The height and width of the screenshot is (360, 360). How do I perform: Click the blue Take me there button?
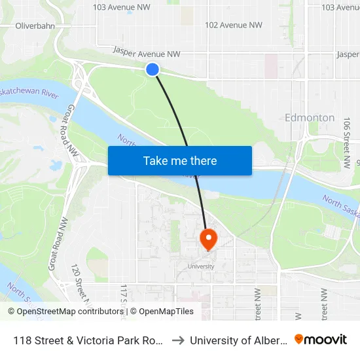tap(180, 160)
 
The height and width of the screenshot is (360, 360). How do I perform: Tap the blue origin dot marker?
tap(153, 69)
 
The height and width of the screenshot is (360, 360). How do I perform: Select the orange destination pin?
tap(207, 239)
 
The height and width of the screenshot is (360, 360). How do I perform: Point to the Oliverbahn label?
tap(34, 26)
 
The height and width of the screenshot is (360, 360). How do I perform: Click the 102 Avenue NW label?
tap(234, 25)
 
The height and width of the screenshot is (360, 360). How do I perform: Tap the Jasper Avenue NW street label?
tap(146, 51)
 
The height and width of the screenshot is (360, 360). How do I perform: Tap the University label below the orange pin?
tap(200, 266)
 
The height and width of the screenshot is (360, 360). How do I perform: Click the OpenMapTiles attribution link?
tap(162, 312)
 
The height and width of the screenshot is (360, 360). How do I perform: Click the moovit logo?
tap(320, 339)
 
